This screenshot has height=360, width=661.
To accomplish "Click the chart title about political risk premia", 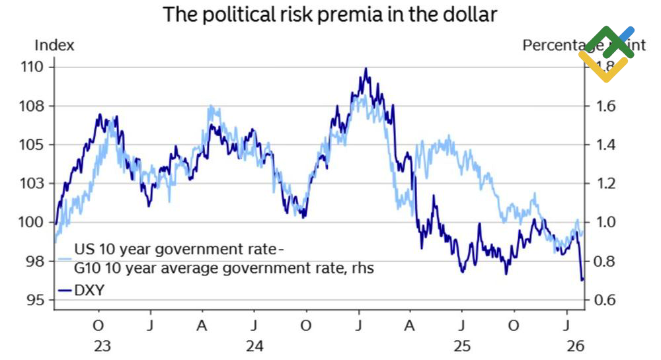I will tap(330, 15).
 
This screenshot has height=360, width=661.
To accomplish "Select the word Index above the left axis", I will tap(54, 45).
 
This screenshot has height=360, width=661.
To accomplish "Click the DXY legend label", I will tap(89, 289).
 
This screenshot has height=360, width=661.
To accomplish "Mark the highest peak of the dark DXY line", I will tap(366, 69).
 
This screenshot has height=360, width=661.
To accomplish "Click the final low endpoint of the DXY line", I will tap(582, 280).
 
